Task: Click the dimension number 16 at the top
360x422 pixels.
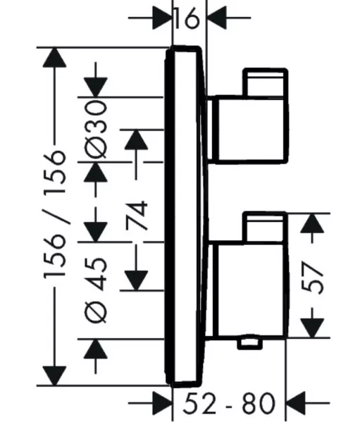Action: click(x=187, y=18)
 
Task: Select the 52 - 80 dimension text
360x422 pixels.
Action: click(x=229, y=403)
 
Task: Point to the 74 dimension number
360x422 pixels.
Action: click(x=137, y=216)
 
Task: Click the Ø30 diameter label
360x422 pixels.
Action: click(x=96, y=129)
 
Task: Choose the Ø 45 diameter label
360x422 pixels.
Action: click(x=96, y=290)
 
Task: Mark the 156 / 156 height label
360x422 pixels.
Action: click(x=55, y=214)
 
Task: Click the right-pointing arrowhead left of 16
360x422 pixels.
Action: click(x=162, y=18)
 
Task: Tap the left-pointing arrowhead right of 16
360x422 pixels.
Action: click(x=216, y=18)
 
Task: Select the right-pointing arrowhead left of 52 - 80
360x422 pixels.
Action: click(x=162, y=403)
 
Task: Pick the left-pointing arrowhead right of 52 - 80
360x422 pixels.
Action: click(x=295, y=403)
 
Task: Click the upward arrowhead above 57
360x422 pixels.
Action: click(x=312, y=223)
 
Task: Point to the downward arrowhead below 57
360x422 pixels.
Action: click(x=312, y=328)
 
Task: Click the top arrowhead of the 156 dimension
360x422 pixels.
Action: click(x=55, y=57)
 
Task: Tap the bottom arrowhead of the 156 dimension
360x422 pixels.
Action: click(x=55, y=376)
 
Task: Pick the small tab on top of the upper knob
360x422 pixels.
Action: click(x=266, y=82)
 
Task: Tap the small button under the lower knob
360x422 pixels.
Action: click(x=249, y=343)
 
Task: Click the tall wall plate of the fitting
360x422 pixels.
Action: click(x=187, y=217)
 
